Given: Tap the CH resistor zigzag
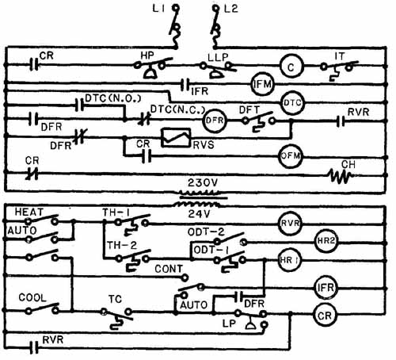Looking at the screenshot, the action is coord(341,176).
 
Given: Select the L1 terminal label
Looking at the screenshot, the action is coord(158,9).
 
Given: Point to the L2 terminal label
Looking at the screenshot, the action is coord(231,9).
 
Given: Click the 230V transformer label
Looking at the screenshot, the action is coord(203,182).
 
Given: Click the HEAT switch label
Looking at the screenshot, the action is coord(29,212).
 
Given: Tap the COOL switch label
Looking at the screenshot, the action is coord(32,298).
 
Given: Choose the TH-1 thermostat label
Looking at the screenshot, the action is coord(116,213).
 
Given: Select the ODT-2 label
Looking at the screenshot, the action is coord(206,232).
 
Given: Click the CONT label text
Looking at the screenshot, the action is coord(169,269).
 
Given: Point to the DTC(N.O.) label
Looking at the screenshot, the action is coord(113,98).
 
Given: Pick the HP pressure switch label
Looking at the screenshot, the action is coord(147,56).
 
